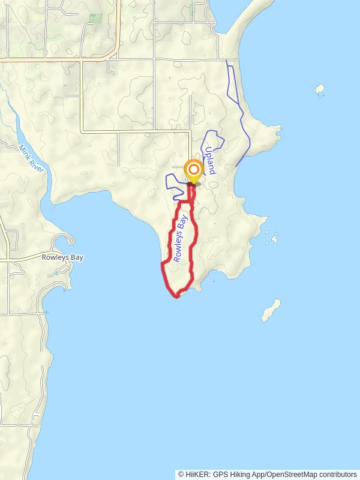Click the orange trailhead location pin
[x=193, y=170]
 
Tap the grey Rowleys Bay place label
[x=62, y=257]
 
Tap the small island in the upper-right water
[x=320, y=90]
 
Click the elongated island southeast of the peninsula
[x=271, y=310]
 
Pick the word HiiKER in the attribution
[x=197, y=474]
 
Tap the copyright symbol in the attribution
[x=181, y=474]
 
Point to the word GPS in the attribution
[x=220, y=474]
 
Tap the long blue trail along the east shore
[x=241, y=114]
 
